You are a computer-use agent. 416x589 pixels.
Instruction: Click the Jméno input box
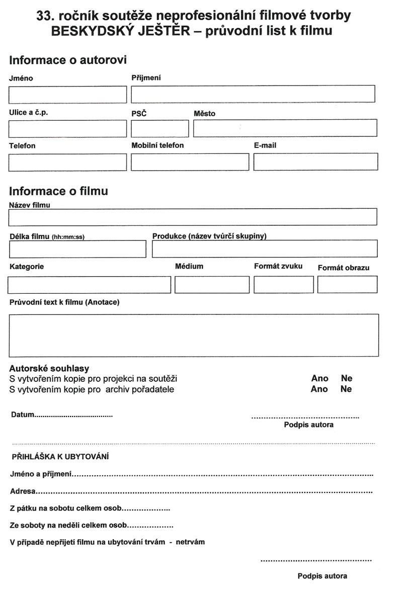(x=67, y=94)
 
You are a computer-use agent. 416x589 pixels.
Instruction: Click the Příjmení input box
(x=253, y=94)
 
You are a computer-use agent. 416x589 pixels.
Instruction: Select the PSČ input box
(x=159, y=129)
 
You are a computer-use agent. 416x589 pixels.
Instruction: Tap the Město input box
(x=285, y=128)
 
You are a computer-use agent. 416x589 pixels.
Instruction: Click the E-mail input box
(x=315, y=162)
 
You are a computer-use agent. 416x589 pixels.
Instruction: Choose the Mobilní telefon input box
(x=190, y=162)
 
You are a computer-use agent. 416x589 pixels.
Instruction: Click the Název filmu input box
(x=193, y=217)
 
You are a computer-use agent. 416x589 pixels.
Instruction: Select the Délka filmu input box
(x=77, y=249)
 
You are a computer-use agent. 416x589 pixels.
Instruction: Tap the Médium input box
(x=212, y=285)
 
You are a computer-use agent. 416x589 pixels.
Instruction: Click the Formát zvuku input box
(x=284, y=285)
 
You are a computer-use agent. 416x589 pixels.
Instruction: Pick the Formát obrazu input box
(x=347, y=285)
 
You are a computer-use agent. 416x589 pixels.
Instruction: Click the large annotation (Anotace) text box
(x=194, y=335)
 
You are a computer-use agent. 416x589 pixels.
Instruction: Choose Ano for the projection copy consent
(x=319, y=378)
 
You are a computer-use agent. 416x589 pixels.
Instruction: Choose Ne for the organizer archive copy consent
(x=346, y=389)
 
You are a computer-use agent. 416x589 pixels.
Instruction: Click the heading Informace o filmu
(x=58, y=191)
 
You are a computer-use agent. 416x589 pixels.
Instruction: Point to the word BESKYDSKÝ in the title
(x=87, y=31)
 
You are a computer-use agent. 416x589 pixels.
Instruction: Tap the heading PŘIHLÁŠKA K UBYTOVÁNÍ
(x=61, y=457)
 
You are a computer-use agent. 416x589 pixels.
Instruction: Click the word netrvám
(x=190, y=542)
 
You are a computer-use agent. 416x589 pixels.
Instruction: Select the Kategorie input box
(x=89, y=285)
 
